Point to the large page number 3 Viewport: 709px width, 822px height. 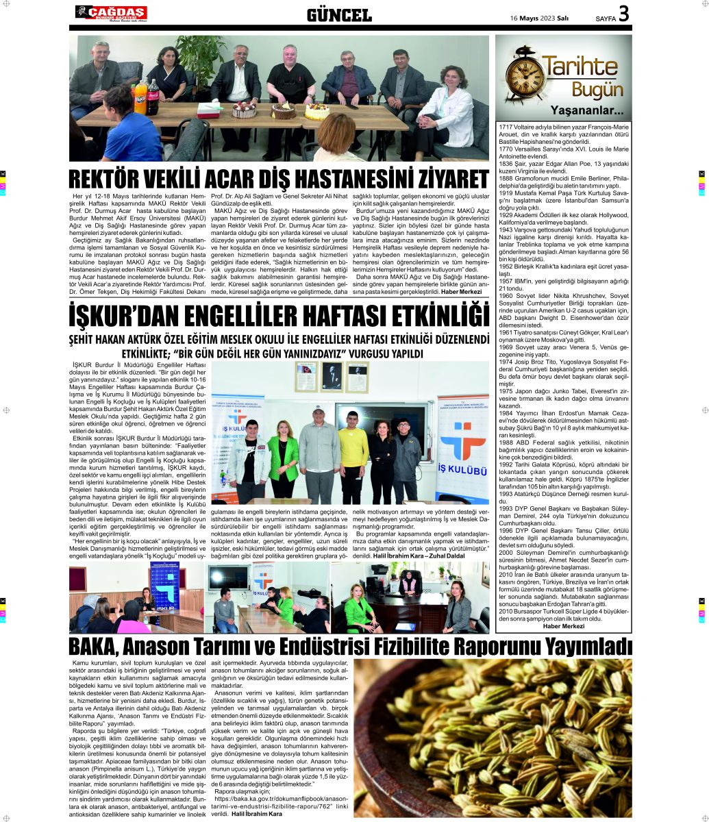[624, 14]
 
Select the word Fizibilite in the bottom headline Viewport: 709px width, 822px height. [423, 647]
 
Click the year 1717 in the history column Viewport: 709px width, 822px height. [506, 127]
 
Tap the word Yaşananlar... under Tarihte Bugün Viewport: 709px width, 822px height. [587, 111]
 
